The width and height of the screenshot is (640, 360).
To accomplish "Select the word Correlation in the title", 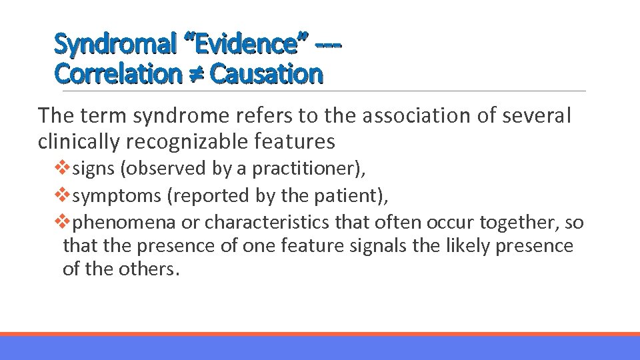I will click(x=117, y=73).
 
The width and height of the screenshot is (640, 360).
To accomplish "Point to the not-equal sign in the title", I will click(x=195, y=74).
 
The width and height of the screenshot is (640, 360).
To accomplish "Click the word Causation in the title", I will click(x=266, y=73).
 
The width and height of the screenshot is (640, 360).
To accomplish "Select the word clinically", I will click(x=79, y=141).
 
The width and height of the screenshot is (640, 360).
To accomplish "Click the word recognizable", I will click(x=190, y=141).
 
